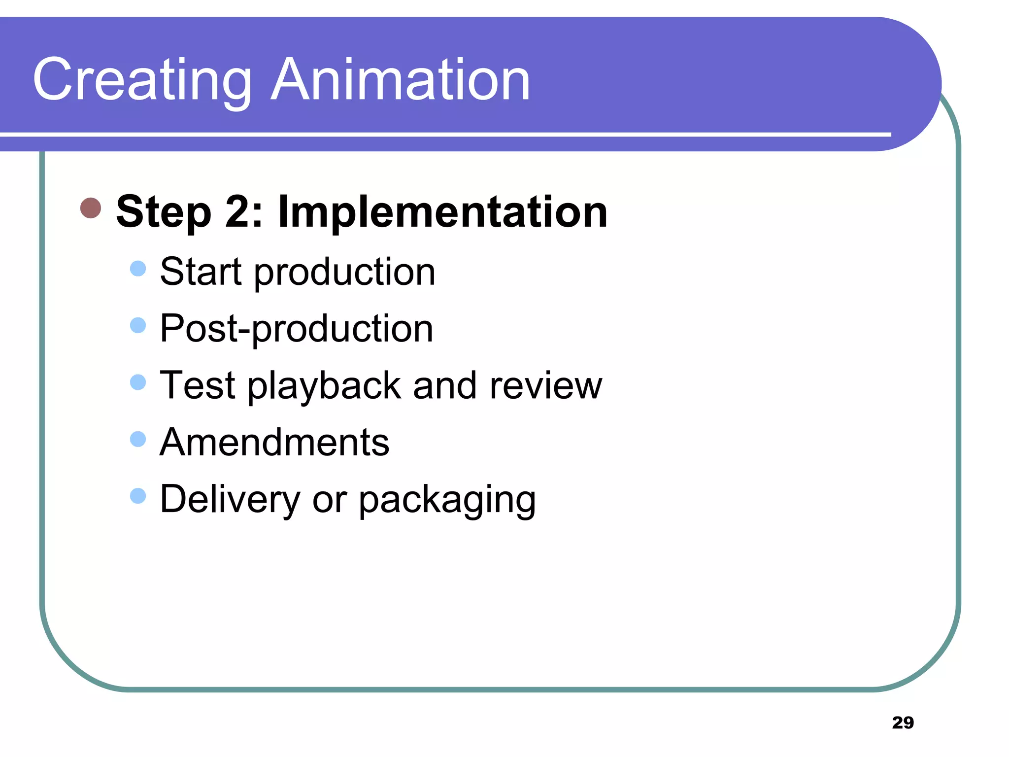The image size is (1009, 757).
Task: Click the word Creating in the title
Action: click(142, 80)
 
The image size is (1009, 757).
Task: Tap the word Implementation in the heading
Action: click(442, 212)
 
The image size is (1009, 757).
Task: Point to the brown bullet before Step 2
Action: click(91, 208)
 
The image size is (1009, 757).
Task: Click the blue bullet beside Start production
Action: click(138, 269)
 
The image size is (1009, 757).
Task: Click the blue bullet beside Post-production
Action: click(138, 325)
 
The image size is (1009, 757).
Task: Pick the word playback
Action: click(324, 386)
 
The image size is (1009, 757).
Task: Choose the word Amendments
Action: click(274, 442)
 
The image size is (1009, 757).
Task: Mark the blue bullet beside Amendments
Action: click(138, 439)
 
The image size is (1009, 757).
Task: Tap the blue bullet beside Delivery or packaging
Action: click(138, 495)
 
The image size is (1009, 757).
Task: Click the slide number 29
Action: click(903, 723)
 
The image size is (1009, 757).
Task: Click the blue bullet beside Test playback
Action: click(138, 382)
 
